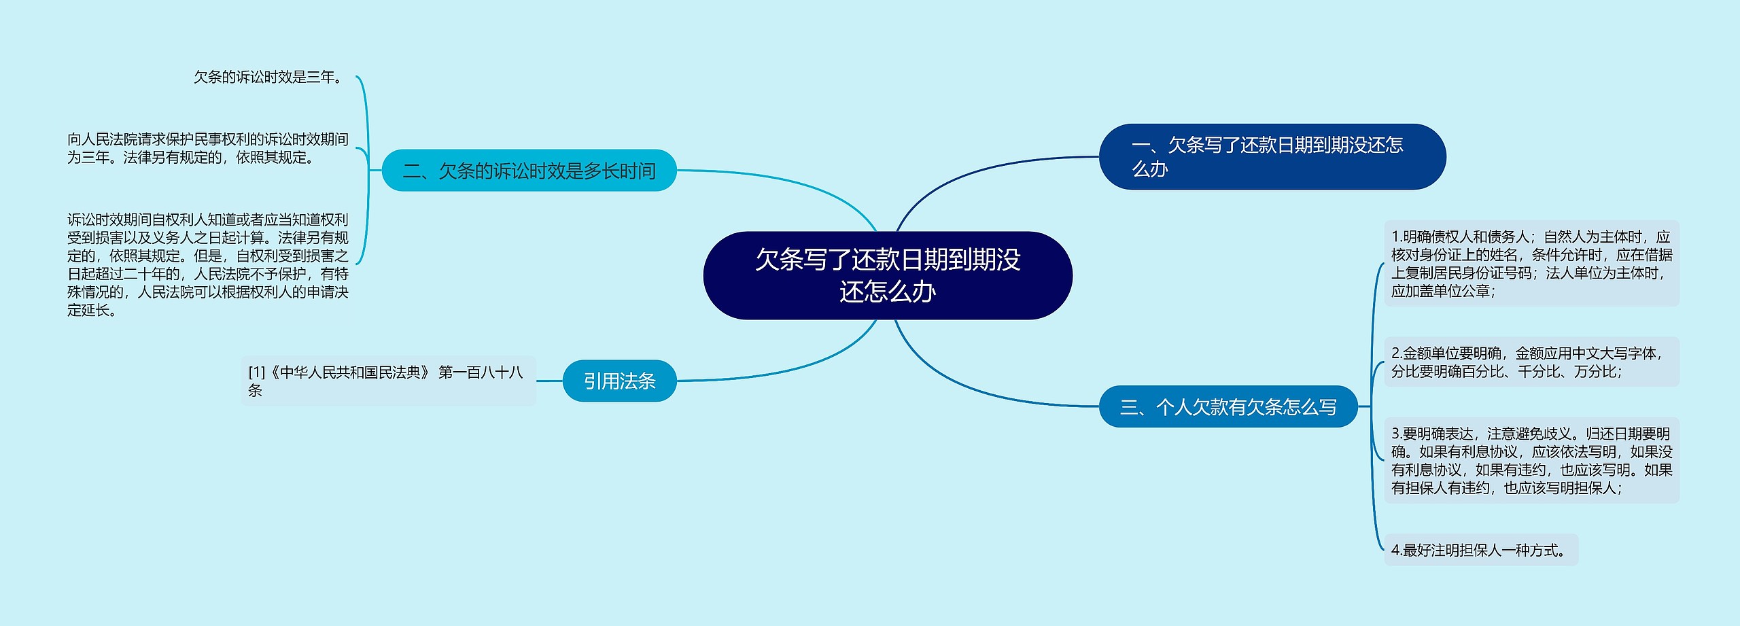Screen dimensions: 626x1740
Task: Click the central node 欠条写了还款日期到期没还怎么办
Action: point(888,275)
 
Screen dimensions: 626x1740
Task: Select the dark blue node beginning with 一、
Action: point(1272,157)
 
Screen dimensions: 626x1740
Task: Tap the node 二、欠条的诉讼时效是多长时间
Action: point(529,171)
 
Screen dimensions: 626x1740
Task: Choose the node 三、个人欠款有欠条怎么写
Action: point(1228,406)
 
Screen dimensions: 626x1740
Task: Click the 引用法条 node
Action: point(619,381)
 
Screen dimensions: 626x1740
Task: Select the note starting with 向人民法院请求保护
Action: point(207,148)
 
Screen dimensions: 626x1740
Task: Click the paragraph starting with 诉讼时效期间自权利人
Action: point(207,264)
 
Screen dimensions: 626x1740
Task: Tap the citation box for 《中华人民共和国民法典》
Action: point(388,381)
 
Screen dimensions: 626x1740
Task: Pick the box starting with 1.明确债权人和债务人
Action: point(1531,263)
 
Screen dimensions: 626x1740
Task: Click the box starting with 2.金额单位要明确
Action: point(1531,362)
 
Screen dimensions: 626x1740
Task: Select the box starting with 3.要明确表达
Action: point(1531,460)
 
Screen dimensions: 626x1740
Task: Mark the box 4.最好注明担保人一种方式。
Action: point(1480,550)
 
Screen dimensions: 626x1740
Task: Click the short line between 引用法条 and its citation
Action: point(549,381)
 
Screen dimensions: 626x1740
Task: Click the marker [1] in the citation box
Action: point(256,372)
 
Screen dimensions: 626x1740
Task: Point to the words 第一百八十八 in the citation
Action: point(481,372)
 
